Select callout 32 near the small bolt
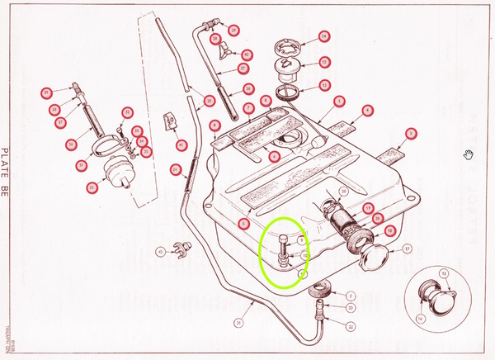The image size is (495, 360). click(127, 112)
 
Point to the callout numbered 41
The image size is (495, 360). click(181, 144)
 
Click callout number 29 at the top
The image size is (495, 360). click(233, 31)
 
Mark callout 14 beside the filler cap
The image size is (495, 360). click(324, 36)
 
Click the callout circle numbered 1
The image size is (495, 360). click(339, 100)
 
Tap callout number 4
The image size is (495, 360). click(367, 107)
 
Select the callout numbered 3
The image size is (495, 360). click(409, 133)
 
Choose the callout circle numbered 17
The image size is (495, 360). click(406, 249)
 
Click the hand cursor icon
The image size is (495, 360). click(469, 154)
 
